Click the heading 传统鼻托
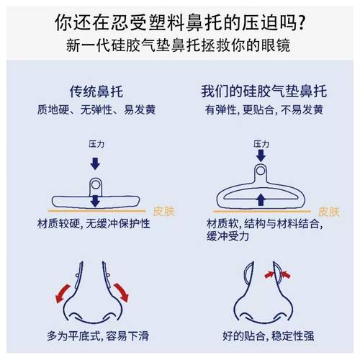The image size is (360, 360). point(96,94)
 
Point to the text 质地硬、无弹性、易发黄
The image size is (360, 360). point(96,111)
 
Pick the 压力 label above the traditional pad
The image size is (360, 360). point(96,145)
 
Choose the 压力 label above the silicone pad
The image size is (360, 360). point(261,145)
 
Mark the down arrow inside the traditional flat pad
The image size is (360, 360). point(96,201)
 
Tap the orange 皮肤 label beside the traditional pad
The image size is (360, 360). point(163,212)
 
